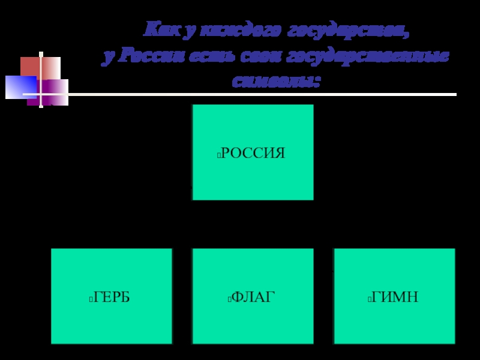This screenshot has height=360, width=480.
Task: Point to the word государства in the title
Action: pyautogui.click(x=349, y=29)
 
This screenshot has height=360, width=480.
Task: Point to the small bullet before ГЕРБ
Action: pyautogui.click(x=89, y=298)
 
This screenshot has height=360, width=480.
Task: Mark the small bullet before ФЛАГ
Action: pyautogui.click(x=230, y=298)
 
